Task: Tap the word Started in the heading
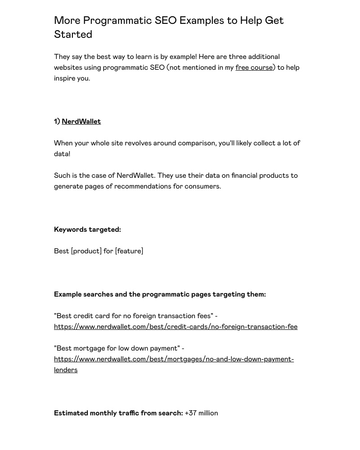coord(73,35)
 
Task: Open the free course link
coord(254,67)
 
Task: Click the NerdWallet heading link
coord(81,121)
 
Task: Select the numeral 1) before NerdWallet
coord(57,121)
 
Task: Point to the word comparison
coord(197,143)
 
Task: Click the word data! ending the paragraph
coord(62,154)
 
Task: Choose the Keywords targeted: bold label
coord(87,229)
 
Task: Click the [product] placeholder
coord(86,251)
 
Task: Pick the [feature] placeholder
coord(129,251)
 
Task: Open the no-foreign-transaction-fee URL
coord(175,327)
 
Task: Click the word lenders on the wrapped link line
coord(66,370)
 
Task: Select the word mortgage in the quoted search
coord(90,348)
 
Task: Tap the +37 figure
coord(190,413)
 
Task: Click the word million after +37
coord(208,413)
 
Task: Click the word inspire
coord(65,78)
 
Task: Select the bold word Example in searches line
coord(67,294)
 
